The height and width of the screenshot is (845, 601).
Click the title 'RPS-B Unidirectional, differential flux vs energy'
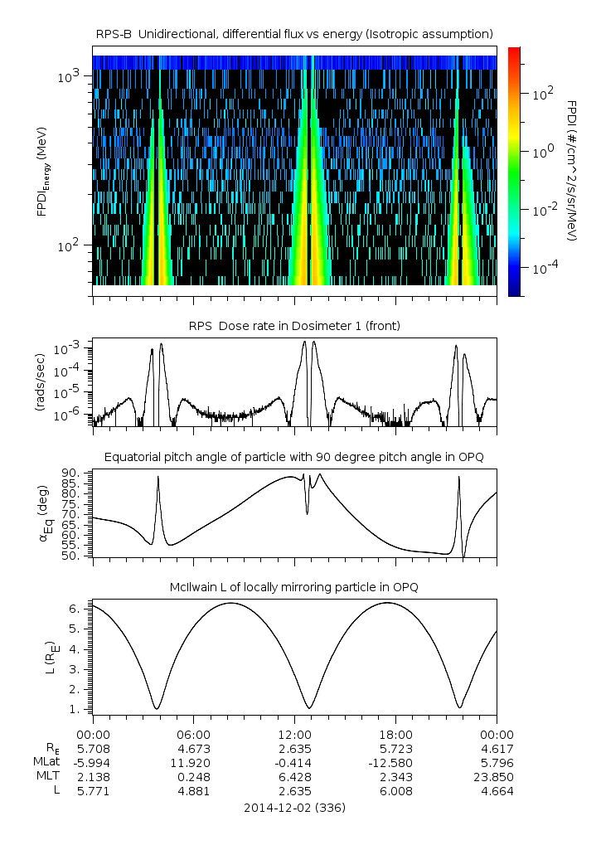click(x=294, y=33)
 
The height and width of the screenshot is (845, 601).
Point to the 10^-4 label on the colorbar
click(x=544, y=270)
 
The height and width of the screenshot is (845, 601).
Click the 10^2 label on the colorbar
click(x=543, y=95)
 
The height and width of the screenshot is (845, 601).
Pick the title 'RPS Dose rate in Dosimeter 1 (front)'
click(x=294, y=326)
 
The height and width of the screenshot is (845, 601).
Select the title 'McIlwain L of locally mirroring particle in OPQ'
click(x=294, y=587)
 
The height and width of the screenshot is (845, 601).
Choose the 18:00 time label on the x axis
click(x=395, y=734)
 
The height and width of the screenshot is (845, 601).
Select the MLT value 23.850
click(x=497, y=777)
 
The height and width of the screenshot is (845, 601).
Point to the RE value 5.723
click(x=395, y=748)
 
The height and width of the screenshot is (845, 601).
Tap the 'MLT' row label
click(x=43, y=777)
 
